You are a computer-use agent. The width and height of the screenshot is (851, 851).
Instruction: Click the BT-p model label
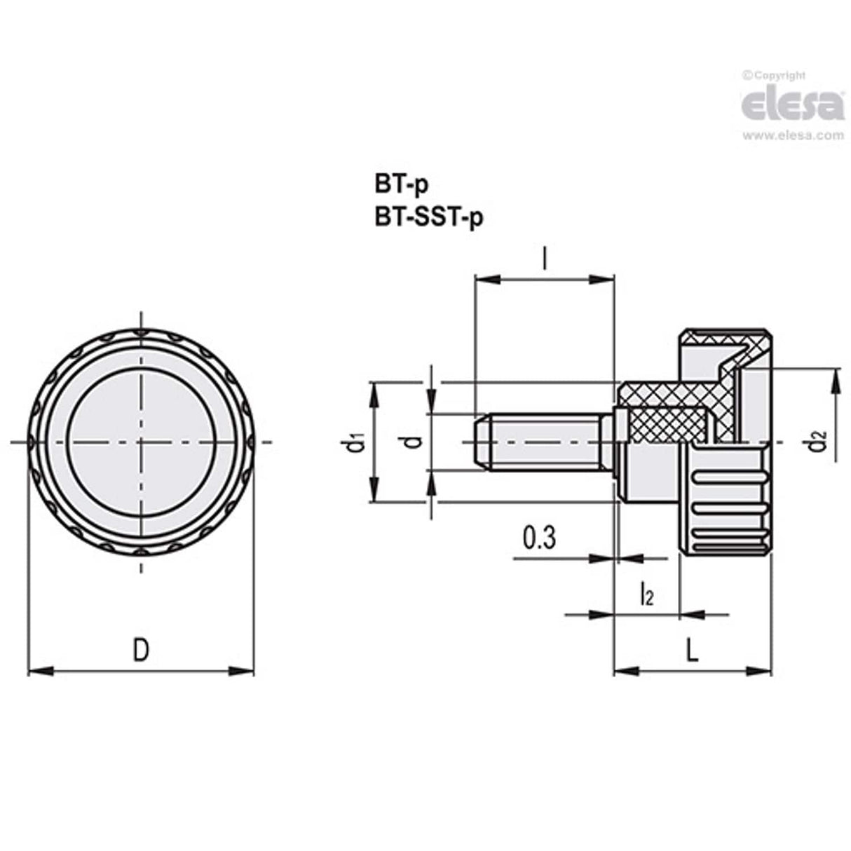[401, 186]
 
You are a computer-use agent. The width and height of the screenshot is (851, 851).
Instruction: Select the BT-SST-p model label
[429, 218]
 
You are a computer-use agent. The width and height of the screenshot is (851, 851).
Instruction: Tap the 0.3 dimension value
[539, 538]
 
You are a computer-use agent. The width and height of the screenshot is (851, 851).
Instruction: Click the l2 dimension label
[646, 595]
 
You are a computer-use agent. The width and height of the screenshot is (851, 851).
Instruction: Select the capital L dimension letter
[692, 651]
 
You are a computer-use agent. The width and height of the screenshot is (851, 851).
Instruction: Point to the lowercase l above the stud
[545, 260]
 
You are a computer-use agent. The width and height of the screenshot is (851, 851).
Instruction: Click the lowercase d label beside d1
[414, 442]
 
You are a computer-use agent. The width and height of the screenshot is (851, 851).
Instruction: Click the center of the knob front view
[141, 442]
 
